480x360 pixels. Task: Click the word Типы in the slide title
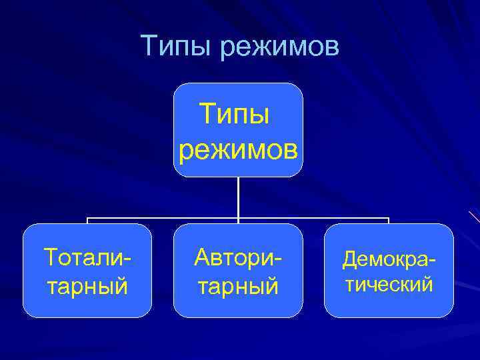point(175,46)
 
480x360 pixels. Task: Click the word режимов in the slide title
point(278,47)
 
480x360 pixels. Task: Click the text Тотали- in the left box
point(87,256)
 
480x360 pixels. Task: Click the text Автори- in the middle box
point(238,256)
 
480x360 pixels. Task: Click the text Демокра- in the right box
point(389,258)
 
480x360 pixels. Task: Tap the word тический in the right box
point(389,285)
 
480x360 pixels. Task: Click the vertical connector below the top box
point(238,197)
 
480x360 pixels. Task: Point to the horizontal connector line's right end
point(388,219)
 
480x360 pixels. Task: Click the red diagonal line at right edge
point(474,216)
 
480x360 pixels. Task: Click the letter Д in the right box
point(349,259)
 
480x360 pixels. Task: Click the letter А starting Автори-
point(202,255)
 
